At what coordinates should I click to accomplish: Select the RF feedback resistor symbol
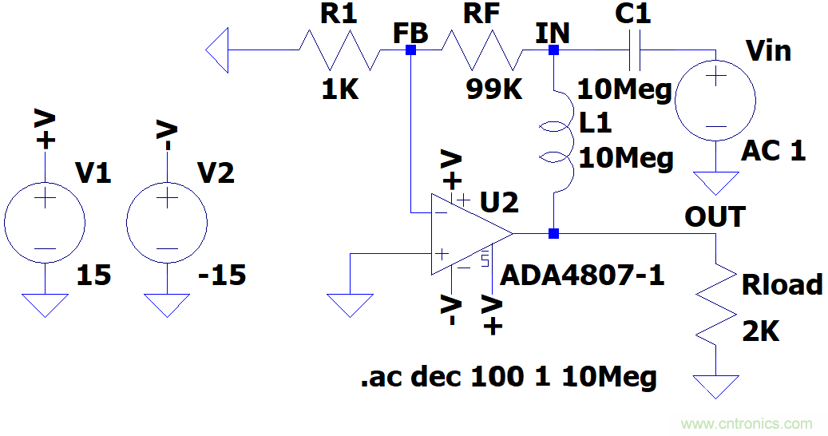tap(482, 50)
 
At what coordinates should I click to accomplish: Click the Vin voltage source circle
tap(715, 101)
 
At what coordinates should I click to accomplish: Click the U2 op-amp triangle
tap(467, 234)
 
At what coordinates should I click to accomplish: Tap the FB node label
tap(410, 33)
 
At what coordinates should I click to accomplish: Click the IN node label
tap(553, 33)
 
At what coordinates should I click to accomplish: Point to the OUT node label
tap(715, 216)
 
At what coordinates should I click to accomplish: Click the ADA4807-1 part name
tap(582, 276)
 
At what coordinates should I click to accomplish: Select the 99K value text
tap(494, 89)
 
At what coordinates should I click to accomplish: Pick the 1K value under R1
tap(340, 89)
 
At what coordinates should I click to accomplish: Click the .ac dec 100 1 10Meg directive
tap(509, 375)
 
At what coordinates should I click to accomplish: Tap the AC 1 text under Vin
tap(774, 150)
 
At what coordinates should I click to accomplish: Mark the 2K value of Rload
tap(760, 330)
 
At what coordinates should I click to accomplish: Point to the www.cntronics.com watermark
tap(747, 424)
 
